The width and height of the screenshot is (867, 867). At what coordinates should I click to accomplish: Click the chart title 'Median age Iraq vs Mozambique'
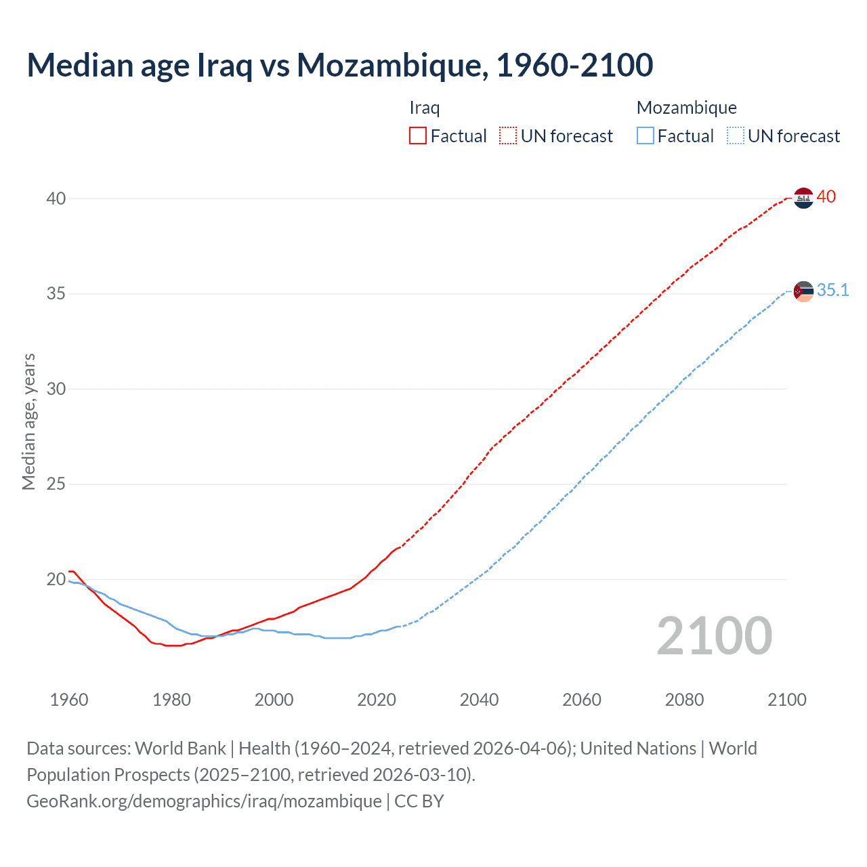(339, 65)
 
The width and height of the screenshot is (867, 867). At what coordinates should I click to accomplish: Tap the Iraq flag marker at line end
(803, 198)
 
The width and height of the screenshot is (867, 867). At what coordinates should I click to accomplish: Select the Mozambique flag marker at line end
(803, 291)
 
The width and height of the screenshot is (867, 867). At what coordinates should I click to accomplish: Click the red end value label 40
(826, 197)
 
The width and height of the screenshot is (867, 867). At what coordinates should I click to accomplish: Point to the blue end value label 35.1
(832, 291)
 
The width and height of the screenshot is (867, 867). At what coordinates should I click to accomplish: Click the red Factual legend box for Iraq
(418, 136)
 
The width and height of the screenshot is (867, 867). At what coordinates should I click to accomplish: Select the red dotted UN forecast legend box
(508, 136)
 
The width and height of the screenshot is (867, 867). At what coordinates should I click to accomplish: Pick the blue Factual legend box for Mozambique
(646, 136)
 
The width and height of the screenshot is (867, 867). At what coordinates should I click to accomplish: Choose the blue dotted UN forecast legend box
(736, 136)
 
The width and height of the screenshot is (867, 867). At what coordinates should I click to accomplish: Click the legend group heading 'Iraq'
(425, 108)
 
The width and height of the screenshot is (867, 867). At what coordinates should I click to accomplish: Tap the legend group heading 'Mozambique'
(686, 108)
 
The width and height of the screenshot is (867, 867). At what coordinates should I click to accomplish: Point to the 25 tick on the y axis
(56, 484)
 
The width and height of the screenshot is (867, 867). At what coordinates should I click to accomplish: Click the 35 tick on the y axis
(56, 294)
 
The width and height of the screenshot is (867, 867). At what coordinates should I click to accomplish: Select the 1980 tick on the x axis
(171, 700)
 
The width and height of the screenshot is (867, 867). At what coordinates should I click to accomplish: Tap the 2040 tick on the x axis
(479, 700)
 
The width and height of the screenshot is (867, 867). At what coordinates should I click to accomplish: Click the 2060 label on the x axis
(582, 700)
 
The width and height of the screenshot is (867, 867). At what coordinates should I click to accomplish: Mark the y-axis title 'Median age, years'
(28, 421)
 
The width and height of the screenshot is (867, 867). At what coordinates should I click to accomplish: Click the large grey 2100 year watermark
(714, 636)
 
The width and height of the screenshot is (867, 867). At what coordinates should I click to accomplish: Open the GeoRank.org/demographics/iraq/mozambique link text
(204, 801)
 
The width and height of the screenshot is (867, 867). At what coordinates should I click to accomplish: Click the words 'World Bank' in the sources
(180, 748)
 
